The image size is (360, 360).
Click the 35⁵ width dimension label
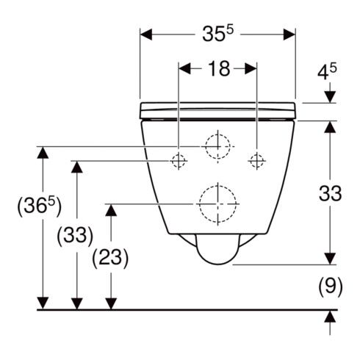tap(218, 34)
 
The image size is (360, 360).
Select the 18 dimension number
tap(219, 69)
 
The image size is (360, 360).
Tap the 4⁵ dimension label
tap(327, 72)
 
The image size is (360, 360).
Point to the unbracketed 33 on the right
tap(330, 193)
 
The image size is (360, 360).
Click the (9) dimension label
tap(331, 287)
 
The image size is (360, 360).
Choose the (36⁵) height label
tap(39, 206)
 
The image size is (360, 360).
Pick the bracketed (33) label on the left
tap(75, 236)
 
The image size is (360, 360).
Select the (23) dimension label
tap(110, 258)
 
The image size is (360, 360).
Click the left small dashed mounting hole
tap(179, 161)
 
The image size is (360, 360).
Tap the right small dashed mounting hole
tap(256, 161)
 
